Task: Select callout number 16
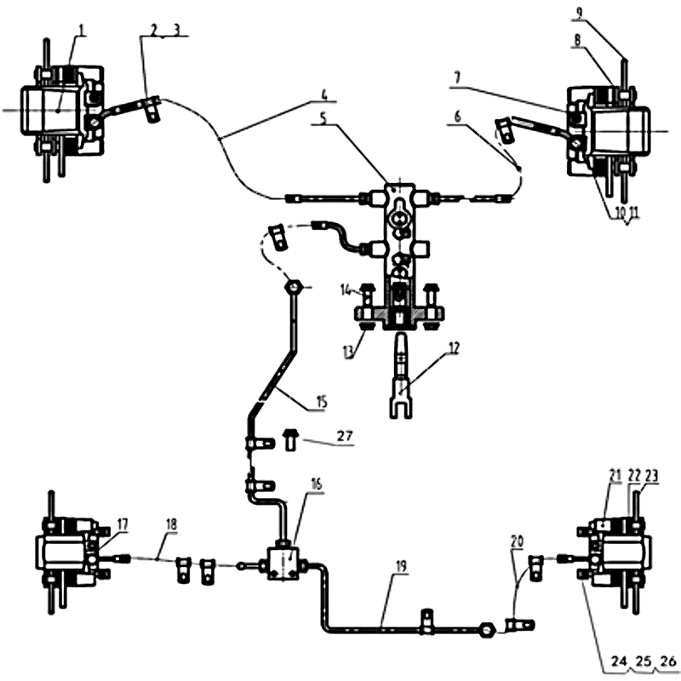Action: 316,484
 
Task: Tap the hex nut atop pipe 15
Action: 295,287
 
